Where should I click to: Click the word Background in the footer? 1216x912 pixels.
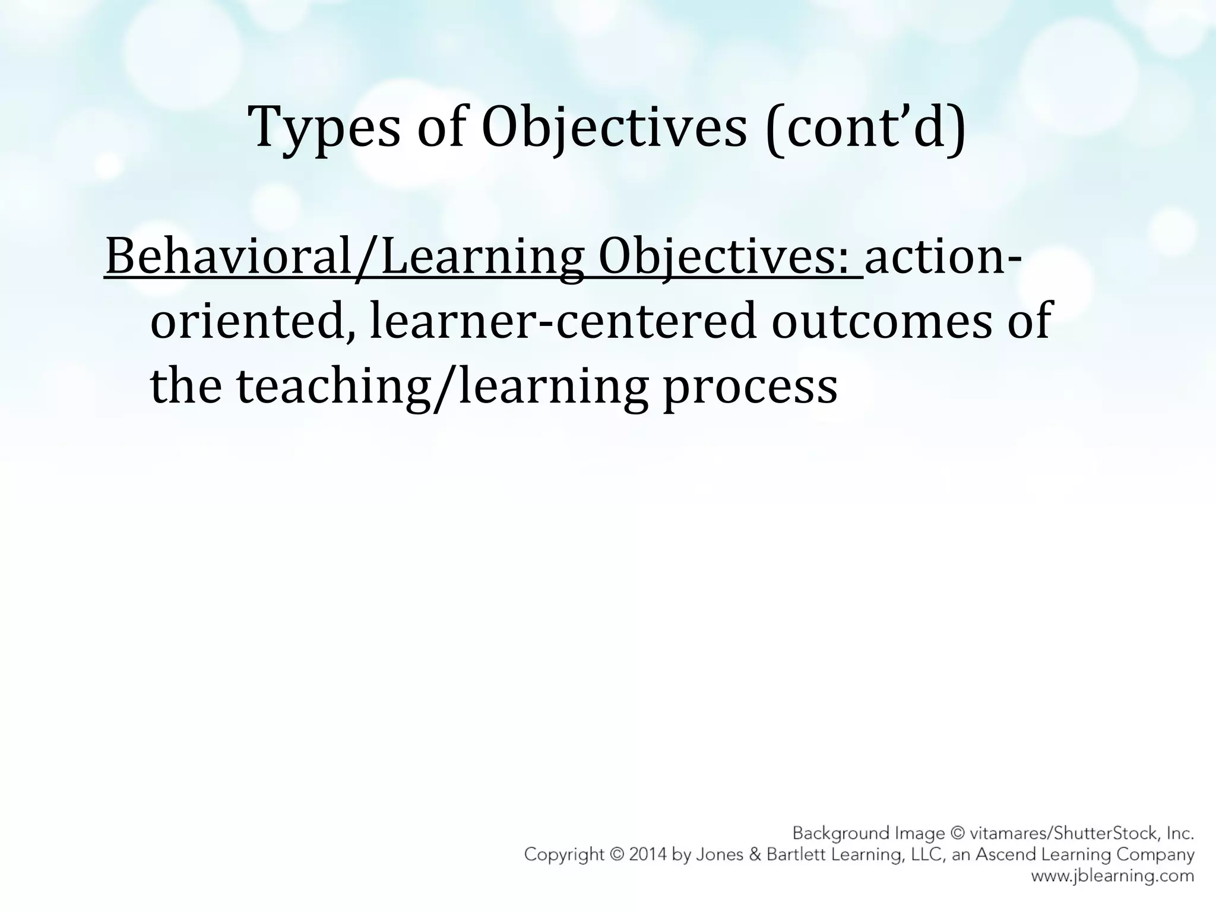pos(837,834)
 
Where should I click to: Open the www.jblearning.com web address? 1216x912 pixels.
pos(1112,876)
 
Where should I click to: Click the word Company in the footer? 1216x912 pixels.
pos(1156,855)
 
